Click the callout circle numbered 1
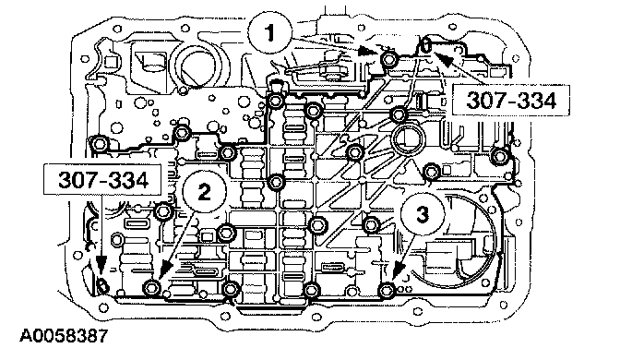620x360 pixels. pos(270,33)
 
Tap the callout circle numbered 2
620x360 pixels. pos(205,193)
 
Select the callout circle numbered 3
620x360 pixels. pos(423,215)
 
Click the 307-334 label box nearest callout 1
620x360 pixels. pos(511,100)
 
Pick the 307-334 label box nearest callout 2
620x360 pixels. pos(102,180)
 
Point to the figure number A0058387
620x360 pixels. pos(64,336)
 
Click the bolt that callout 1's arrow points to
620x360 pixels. pos(387,59)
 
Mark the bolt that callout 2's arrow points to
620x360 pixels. pos(151,287)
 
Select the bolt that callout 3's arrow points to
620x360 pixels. pos(386,291)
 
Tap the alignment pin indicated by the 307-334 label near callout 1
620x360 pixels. pos(426,44)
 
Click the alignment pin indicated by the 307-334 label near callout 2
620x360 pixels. pos(102,285)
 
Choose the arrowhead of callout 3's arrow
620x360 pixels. pos(399,271)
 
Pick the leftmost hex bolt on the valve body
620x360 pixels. pos(99,143)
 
